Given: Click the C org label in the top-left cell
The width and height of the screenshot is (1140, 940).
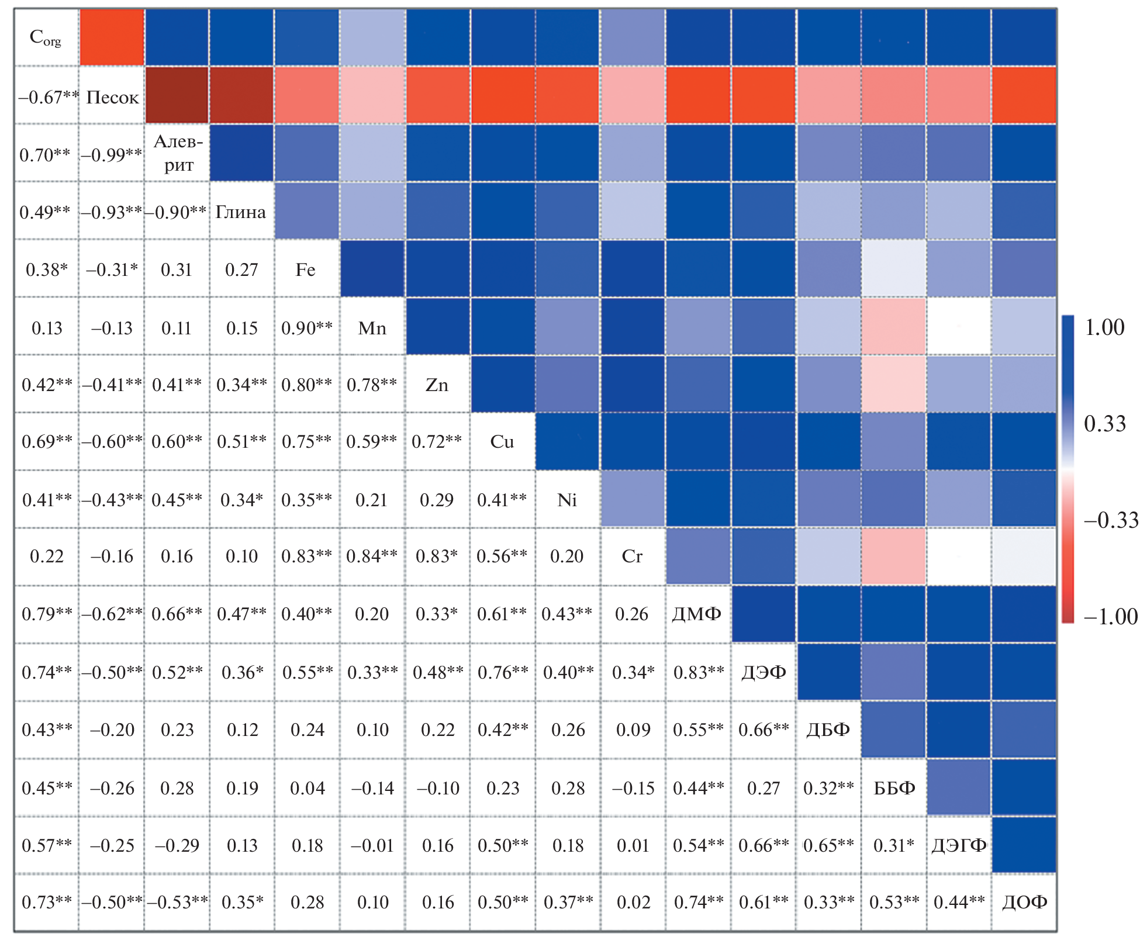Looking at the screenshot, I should point(46,38).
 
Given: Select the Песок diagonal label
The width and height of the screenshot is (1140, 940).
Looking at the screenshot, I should point(112,96).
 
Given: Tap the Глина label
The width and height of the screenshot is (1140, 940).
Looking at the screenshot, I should point(241,212).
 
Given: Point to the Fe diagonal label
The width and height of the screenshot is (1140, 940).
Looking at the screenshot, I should point(306,269).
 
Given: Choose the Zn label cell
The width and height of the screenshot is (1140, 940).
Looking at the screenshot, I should point(437,385).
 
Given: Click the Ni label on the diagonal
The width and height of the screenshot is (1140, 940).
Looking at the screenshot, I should point(567,500).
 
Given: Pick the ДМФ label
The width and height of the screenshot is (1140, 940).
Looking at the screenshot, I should point(697,614).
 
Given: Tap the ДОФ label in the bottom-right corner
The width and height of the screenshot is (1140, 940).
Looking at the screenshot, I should point(1024,902).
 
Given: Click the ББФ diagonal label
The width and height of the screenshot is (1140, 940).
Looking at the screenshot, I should point(894,787).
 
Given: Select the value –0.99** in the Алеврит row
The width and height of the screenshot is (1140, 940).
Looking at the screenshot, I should point(112,154).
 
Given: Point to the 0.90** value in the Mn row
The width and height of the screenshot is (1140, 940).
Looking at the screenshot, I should point(307,328).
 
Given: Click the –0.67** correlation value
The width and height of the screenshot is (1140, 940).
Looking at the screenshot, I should point(47,96).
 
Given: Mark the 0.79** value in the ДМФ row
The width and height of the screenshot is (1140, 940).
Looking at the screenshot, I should point(47,614).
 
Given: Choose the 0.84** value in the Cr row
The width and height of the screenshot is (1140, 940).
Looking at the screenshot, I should point(372,556).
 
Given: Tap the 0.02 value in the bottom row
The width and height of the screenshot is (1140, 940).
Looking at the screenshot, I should point(633,902).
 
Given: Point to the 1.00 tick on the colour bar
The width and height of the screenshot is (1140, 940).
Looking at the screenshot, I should point(1104,327).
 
